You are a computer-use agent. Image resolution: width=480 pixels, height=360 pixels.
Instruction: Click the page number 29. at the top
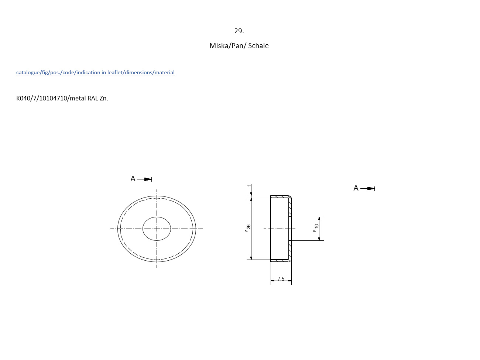pos(239,31)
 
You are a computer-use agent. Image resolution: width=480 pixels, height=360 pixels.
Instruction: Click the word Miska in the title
pos(219,45)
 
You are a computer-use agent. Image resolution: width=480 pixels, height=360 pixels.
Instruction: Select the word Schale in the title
pos(258,45)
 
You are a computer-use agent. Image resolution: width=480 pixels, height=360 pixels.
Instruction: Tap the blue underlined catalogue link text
pos(95,72)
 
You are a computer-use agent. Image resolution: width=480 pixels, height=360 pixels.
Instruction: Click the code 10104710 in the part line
pos(53,98)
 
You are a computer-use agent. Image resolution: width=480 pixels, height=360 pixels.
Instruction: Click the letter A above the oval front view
pos(133,179)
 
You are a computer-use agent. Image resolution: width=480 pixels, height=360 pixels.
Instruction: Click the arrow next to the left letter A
pos(144,179)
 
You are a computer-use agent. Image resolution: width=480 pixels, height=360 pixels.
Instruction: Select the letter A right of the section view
pos(356,188)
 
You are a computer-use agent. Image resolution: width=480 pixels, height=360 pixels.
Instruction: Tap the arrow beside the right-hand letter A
pos(368,188)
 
